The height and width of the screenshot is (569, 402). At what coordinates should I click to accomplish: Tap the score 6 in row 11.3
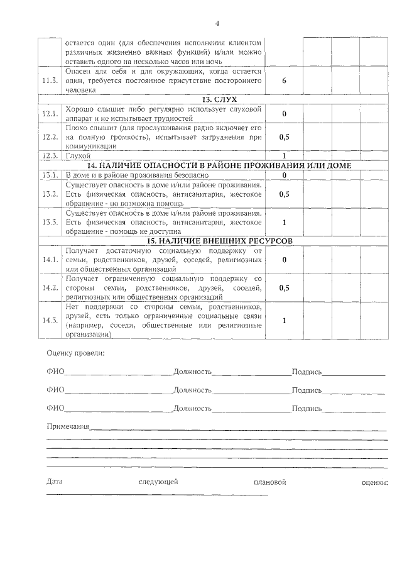click(284, 81)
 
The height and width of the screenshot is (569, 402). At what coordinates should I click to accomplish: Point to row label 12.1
click(50, 114)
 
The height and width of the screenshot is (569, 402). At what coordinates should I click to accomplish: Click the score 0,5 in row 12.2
click(284, 136)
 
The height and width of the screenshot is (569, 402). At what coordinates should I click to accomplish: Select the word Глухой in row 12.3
click(79, 155)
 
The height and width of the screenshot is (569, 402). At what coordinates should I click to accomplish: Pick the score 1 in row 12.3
click(284, 155)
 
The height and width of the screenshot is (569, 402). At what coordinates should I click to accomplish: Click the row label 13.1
click(50, 175)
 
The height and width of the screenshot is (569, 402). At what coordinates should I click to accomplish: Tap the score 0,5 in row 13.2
click(284, 194)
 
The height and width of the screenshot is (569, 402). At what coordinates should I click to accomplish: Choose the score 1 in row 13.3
click(284, 222)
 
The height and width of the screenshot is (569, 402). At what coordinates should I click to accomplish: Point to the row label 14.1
click(50, 260)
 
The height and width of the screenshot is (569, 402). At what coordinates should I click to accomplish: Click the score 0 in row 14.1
click(284, 260)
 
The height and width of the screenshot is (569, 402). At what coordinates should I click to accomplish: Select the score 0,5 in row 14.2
click(284, 287)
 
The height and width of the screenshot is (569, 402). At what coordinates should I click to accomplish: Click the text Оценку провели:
click(76, 352)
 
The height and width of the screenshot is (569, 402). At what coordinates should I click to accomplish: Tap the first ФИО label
click(55, 372)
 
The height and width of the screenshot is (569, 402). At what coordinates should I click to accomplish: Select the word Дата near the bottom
click(55, 482)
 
